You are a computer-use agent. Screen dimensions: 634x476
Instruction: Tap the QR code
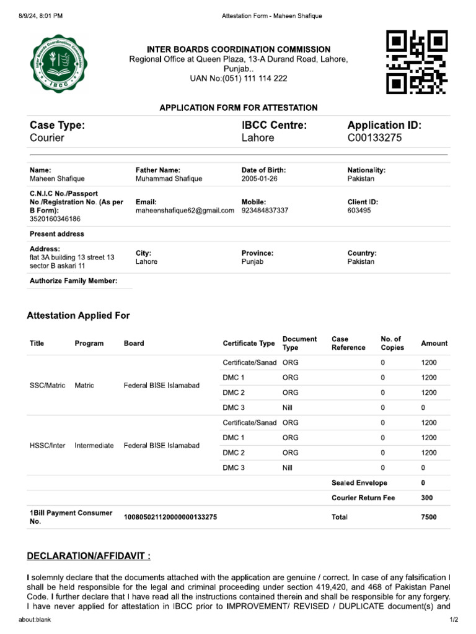click(x=416, y=63)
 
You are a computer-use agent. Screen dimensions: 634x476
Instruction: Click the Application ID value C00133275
click(x=374, y=138)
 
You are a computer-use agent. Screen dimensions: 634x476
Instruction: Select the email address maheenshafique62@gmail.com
click(x=185, y=211)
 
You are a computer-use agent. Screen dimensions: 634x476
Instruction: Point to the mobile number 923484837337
click(x=265, y=211)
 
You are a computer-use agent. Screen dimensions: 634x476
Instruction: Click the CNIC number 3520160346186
click(x=55, y=219)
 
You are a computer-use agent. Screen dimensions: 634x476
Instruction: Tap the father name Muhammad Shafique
click(x=169, y=178)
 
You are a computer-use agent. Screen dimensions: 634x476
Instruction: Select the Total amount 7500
click(x=428, y=517)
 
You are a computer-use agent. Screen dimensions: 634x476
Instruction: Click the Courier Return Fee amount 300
click(x=426, y=498)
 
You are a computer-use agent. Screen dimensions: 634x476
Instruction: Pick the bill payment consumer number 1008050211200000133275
click(x=170, y=517)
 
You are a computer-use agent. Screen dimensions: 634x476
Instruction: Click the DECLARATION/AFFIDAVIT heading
click(x=89, y=556)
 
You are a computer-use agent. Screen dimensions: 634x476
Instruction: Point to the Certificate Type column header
click(x=249, y=343)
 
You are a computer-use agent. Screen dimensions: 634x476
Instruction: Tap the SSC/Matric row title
click(x=47, y=385)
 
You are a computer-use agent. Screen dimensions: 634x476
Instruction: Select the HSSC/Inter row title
click(x=47, y=445)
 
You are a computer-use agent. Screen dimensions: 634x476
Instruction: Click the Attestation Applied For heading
click(x=78, y=316)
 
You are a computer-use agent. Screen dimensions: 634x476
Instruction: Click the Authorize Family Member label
click(x=73, y=281)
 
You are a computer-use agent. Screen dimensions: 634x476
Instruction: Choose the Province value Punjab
click(x=252, y=262)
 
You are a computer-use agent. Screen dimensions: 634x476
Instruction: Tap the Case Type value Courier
click(x=47, y=138)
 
